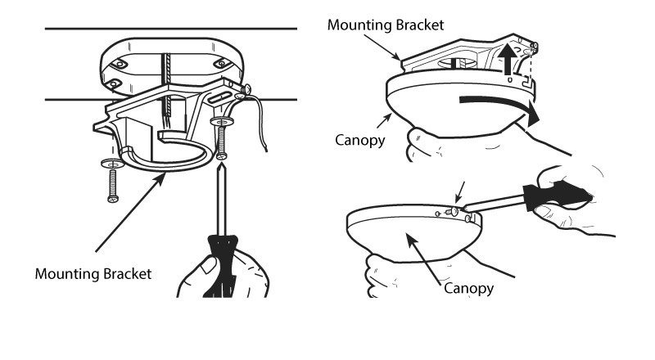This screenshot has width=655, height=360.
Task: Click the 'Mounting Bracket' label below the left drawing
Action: (93, 273)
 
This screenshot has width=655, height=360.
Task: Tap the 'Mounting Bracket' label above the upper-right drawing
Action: (386, 25)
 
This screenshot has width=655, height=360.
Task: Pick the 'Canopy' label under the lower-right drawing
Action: (469, 289)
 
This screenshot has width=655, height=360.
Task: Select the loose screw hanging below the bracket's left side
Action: (112, 185)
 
